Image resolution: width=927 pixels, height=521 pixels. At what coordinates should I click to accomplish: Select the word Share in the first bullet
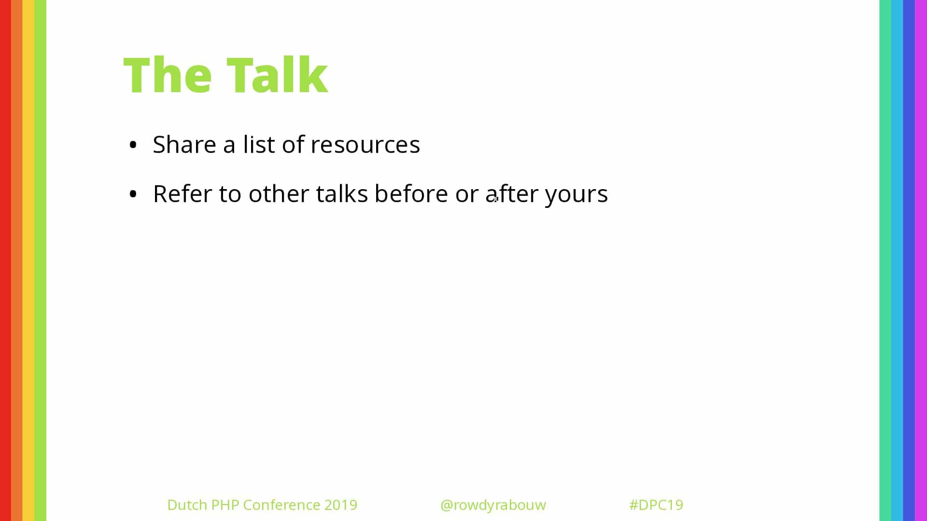point(184,144)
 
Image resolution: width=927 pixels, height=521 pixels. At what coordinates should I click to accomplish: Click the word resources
point(365,145)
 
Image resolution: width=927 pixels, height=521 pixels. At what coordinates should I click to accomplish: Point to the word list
point(259,144)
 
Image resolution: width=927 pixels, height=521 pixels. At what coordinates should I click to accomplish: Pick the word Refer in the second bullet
point(183,193)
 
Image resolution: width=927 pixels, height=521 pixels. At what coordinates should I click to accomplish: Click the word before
point(411,193)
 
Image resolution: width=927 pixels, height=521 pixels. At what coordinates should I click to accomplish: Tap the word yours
point(576,195)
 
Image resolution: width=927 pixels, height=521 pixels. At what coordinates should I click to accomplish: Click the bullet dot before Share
point(133,145)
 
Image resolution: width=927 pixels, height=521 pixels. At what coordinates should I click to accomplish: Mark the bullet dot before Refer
point(133,194)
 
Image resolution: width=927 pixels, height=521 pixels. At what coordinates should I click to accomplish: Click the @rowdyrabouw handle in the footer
point(493,505)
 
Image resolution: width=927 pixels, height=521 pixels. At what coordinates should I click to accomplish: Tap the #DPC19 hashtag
point(656,505)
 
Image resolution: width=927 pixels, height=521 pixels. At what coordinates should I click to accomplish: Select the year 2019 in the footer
point(341,505)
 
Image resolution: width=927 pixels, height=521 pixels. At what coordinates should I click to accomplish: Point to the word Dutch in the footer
point(187,505)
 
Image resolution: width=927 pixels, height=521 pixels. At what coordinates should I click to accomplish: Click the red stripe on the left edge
point(5,260)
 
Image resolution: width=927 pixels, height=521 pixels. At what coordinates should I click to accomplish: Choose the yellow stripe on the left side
point(28,260)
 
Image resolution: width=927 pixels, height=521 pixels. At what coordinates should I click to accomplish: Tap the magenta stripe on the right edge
point(921,260)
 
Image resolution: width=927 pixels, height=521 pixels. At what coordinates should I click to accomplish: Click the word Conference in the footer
point(282,505)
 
